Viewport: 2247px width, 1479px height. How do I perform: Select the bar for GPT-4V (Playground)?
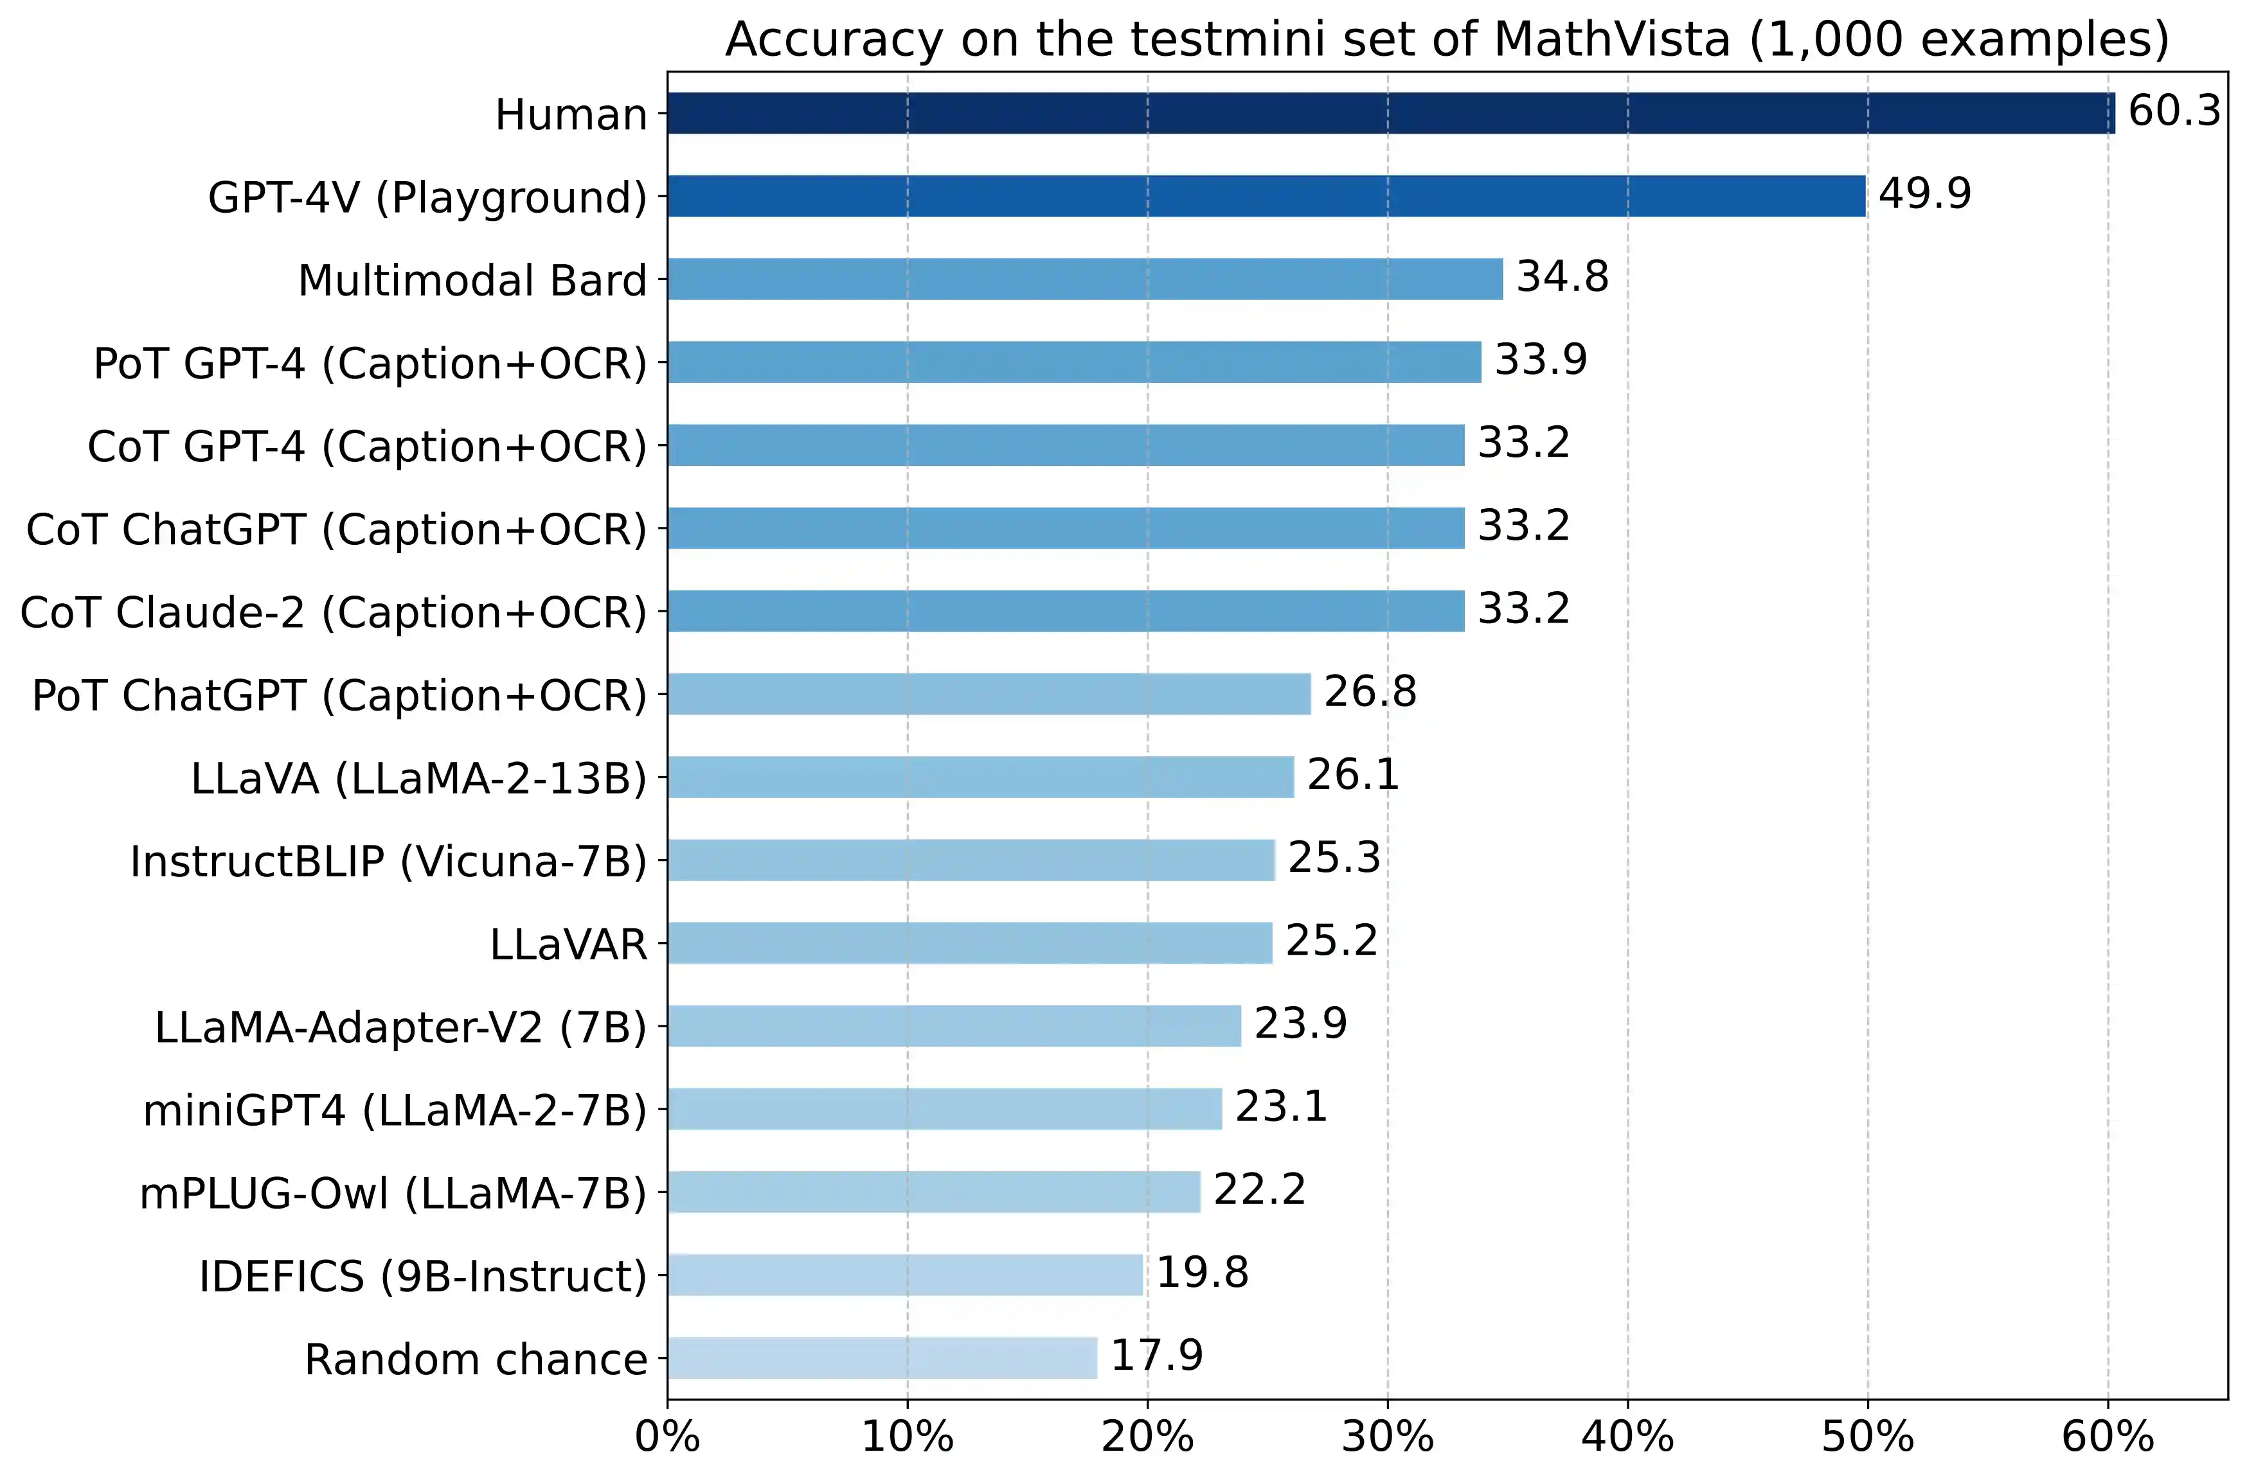(x=1265, y=197)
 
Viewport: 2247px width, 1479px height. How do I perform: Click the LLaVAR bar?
(x=970, y=943)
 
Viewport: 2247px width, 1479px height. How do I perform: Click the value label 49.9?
(x=1924, y=195)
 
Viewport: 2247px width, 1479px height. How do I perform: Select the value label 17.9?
(x=1156, y=1356)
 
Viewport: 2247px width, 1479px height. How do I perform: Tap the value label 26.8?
(x=1370, y=692)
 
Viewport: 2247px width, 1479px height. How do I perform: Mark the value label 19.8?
(x=1202, y=1273)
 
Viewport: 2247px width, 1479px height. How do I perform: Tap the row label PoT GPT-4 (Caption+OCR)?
(x=370, y=364)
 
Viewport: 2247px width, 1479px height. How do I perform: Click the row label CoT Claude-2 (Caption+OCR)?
(x=334, y=614)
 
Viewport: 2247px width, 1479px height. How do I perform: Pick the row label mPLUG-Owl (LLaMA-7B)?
(x=393, y=1194)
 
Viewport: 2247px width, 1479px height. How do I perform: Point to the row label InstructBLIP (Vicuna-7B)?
(x=388, y=862)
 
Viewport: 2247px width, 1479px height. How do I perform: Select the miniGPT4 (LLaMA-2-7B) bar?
(x=944, y=1109)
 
